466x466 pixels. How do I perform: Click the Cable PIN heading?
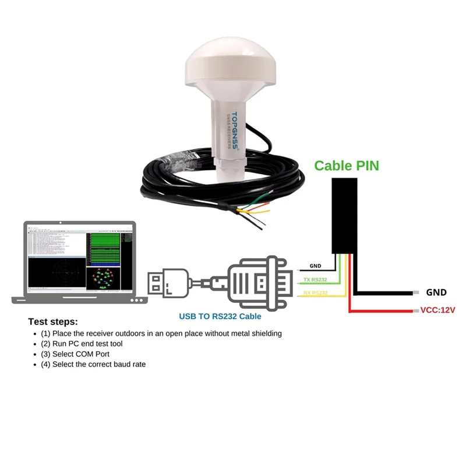[x=347, y=165]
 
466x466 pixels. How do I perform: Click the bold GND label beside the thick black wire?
[x=436, y=292]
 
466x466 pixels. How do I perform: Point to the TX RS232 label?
[x=315, y=279]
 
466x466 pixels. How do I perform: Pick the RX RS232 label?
[x=315, y=292]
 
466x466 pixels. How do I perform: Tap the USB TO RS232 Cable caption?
[x=220, y=317]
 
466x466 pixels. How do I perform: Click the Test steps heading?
[x=52, y=322]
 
